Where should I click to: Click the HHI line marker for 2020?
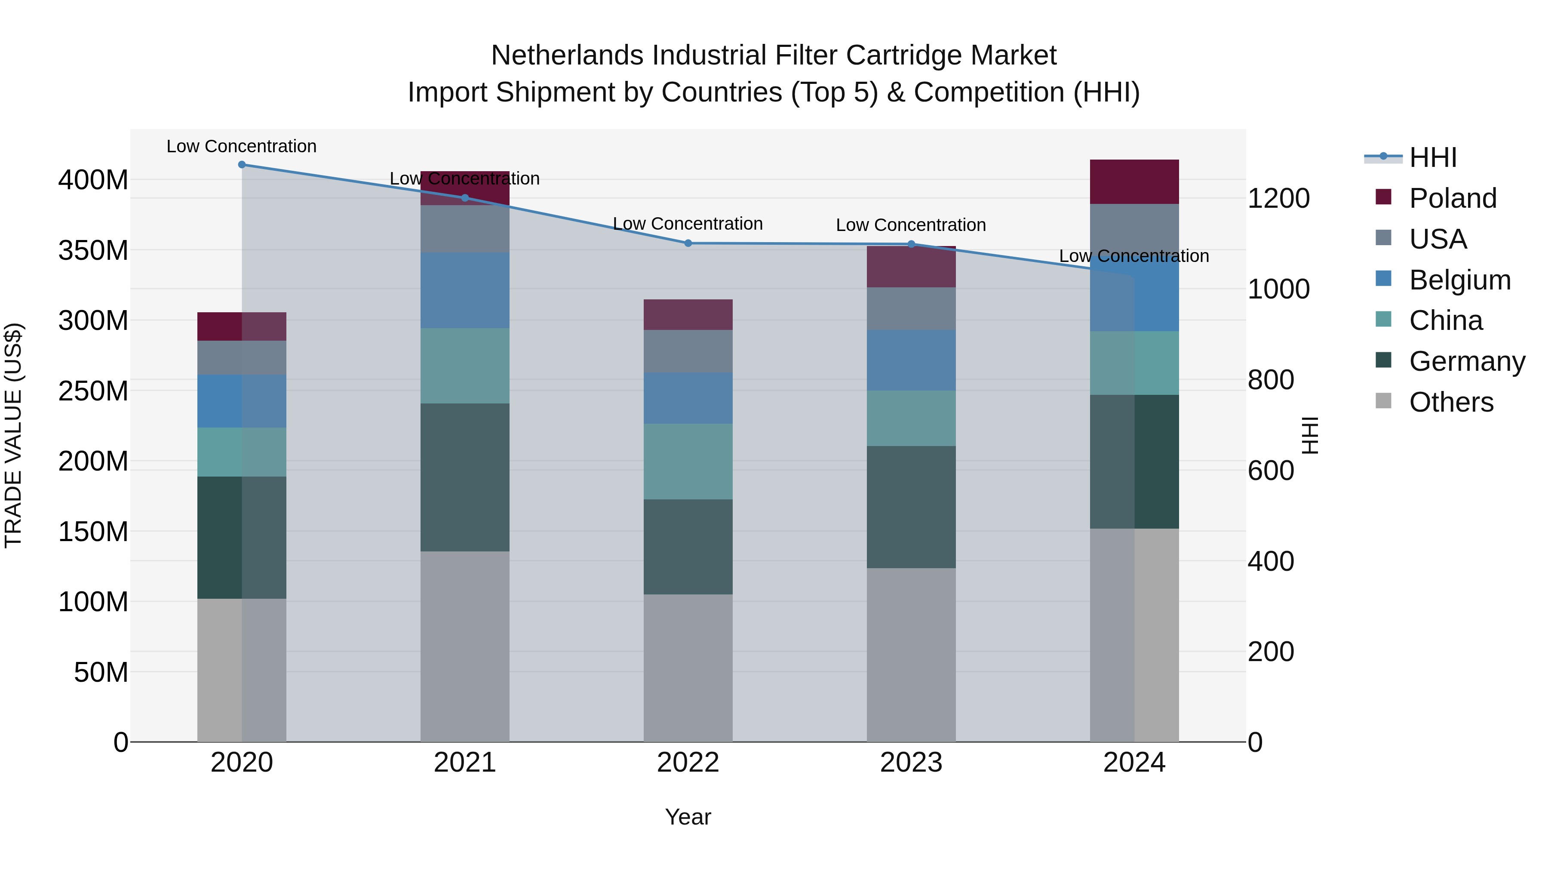coord(242,165)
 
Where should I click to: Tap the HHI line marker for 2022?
coord(688,243)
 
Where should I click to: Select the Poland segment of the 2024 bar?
coord(1134,182)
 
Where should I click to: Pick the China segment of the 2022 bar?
coord(688,461)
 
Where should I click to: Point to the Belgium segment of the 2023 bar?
coord(911,360)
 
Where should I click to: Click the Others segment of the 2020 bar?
coord(242,670)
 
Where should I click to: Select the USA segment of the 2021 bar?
coord(464,229)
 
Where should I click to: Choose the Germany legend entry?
coord(1466,361)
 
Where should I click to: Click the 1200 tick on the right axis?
coord(1279,198)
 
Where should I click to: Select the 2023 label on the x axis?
coord(911,763)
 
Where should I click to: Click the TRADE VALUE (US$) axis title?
coord(13,435)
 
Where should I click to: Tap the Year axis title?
coord(688,817)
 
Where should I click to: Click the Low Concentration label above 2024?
coord(1133,256)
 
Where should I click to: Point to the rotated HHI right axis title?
coord(1310,435)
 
